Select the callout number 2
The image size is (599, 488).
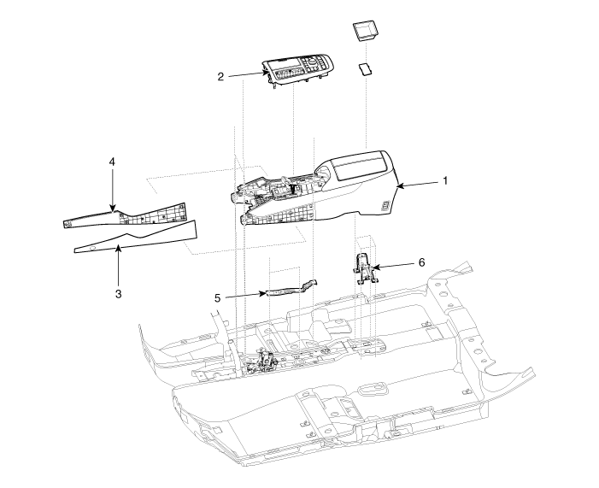[220, 77]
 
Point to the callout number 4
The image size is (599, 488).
[112, 161]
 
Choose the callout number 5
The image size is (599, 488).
[218, 298]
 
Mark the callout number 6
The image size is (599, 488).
[420, 262]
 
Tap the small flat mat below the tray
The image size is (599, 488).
[367, 69]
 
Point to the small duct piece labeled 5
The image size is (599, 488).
[291, 288]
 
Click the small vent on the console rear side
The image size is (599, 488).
[386, 205]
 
